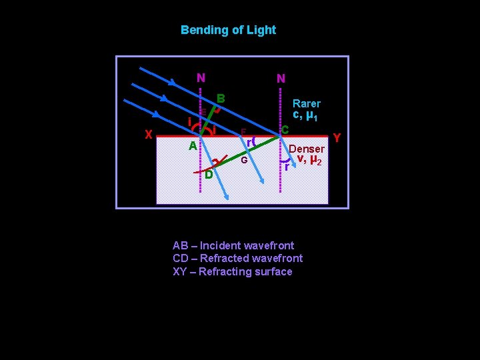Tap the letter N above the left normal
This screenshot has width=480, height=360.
tap(201, 78)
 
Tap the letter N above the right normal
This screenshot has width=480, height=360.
tap(281, 79)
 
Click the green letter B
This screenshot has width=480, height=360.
tap(221, 99)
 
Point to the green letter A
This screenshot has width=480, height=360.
tap(192, 146)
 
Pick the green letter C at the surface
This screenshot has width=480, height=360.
tap(285, 129)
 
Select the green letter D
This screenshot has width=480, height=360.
tap(209, 175)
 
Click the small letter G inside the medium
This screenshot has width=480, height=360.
tap(244, 161)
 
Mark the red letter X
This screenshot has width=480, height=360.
tap(149, 134)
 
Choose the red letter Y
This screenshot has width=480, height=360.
tap(337, 138)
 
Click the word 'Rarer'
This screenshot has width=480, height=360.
tap(306, 104)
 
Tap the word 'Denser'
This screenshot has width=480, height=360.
tap(306, 149)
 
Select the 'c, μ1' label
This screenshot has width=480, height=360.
tap(305, 116)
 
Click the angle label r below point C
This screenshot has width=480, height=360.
tap(286, 167)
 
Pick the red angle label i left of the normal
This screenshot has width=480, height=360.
tap(189, 122)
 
